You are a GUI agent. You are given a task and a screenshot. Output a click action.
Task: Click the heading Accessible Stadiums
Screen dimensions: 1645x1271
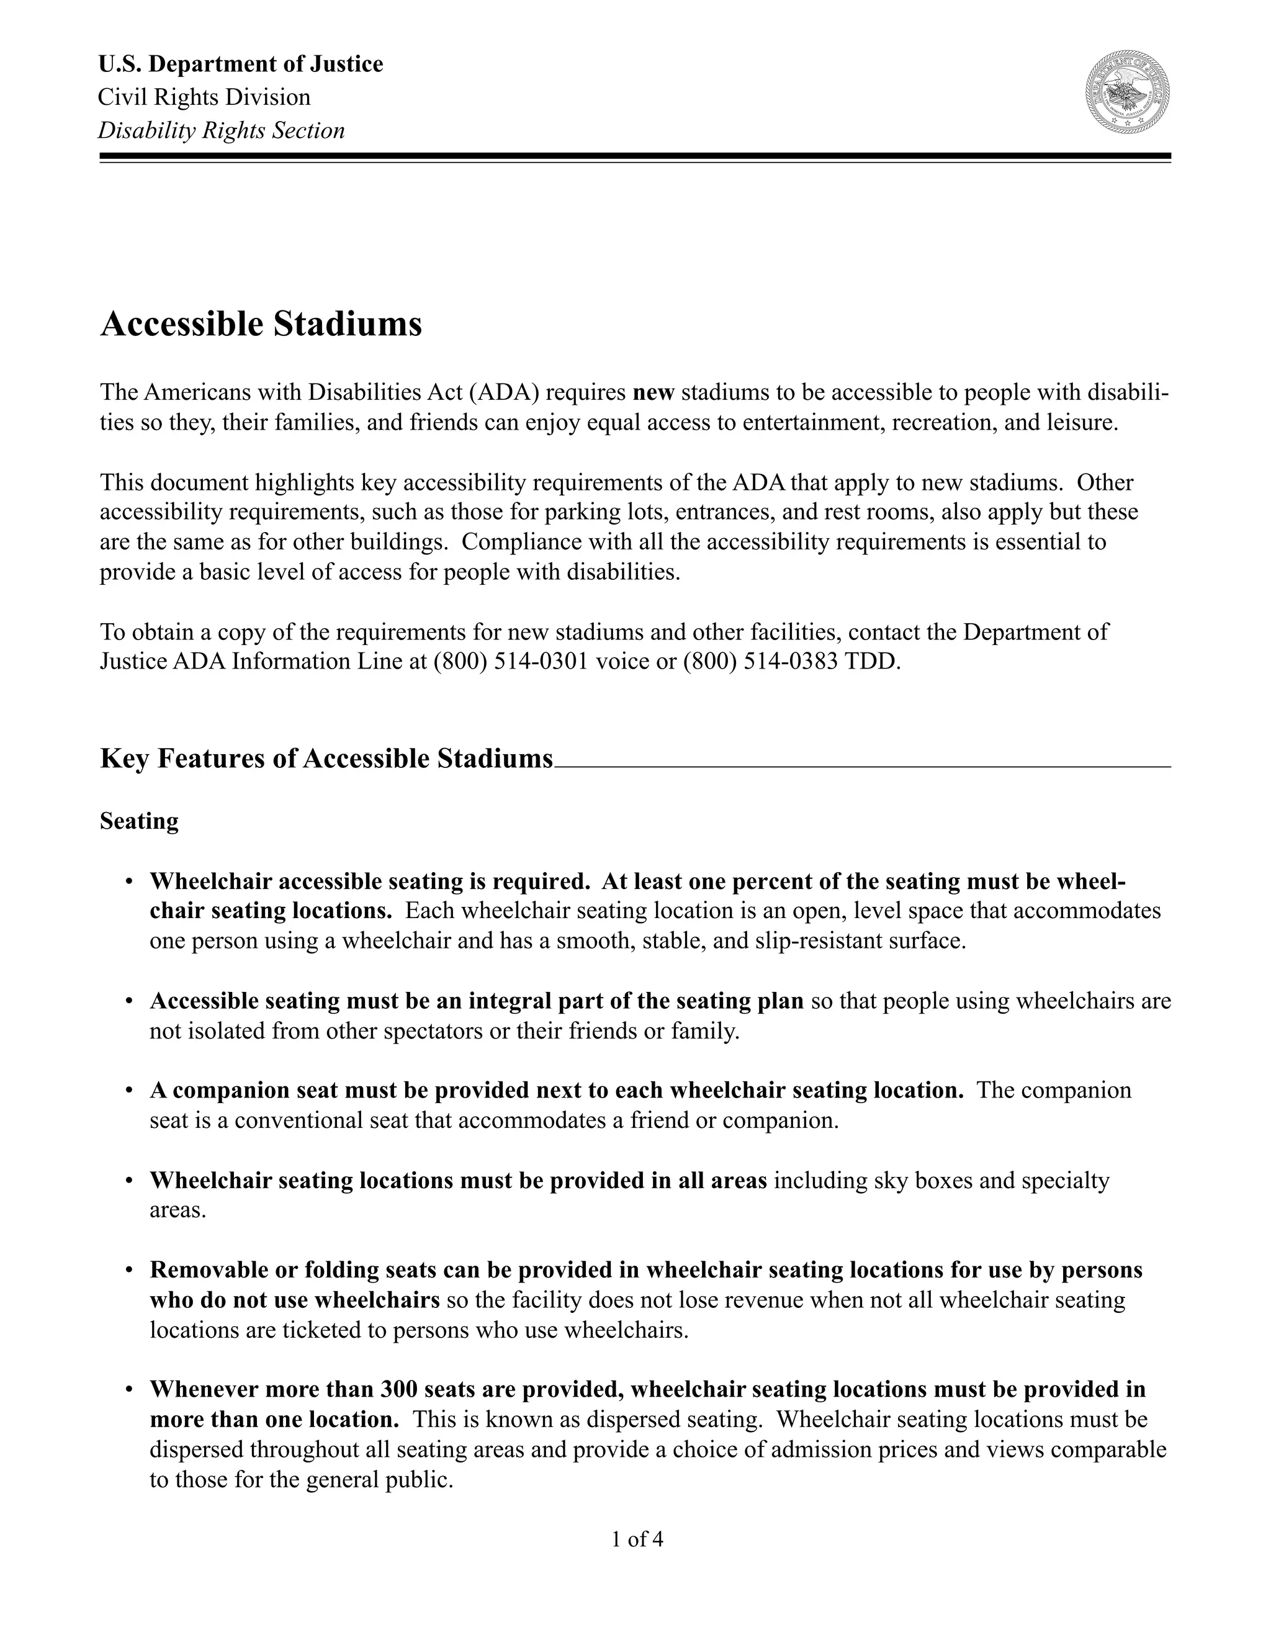click(x=261, y=325)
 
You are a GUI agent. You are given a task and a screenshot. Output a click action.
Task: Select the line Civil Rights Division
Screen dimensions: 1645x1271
click(x=204, y=97)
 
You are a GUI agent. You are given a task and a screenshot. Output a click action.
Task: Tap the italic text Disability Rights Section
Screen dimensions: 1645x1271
click(x=222, y=130)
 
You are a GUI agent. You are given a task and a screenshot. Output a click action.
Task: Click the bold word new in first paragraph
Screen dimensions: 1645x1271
click(x=653, y=392)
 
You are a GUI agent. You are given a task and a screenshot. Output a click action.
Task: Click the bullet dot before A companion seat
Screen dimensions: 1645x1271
click(x=130, y=1091)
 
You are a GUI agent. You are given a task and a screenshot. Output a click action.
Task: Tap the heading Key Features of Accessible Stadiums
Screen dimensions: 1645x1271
click(x=326, y=759)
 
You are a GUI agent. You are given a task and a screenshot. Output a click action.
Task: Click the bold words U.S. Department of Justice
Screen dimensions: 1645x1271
click(x=240, y=64)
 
